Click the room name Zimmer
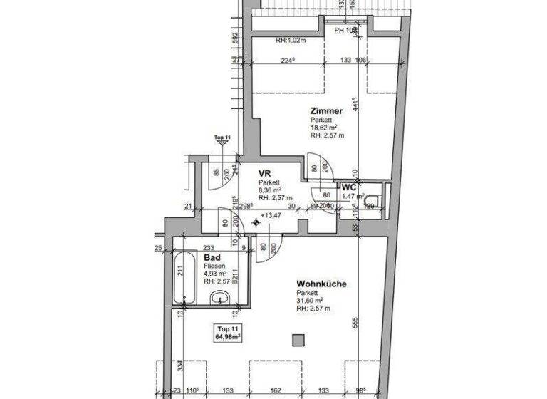[326, 111]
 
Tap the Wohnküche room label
[321, 284]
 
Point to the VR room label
[264, 172]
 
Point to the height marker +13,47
[271, 215]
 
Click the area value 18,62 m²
[323, 128]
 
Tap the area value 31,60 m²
[311, 300]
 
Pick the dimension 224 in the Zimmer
[286, 61]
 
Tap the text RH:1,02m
[291, 40]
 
